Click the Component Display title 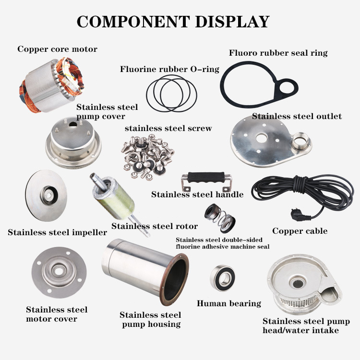pos(173,22)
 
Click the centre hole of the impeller pos(48,195)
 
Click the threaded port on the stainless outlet pos(304,142)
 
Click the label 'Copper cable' pos(300,231)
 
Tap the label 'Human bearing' pos(229,303)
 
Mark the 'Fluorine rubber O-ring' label pos(169,69)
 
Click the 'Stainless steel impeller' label pos(57,233)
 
